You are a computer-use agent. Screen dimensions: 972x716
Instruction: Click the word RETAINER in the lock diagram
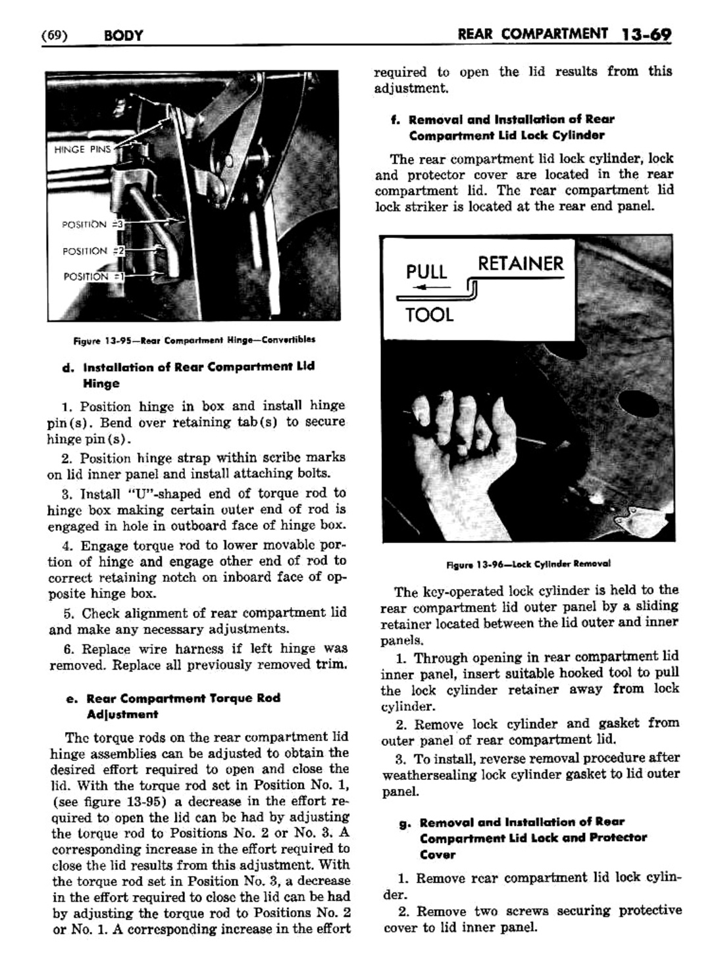coord(521,264)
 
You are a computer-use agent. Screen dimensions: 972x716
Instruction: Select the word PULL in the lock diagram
coord(426,272)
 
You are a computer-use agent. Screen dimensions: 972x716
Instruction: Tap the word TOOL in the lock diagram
coord(430,315)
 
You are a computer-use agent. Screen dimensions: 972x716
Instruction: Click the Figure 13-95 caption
coord(194,340)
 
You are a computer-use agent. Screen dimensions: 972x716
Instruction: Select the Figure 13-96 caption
coord(528,564)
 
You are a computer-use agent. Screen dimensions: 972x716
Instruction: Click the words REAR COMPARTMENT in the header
coord(532,33)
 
